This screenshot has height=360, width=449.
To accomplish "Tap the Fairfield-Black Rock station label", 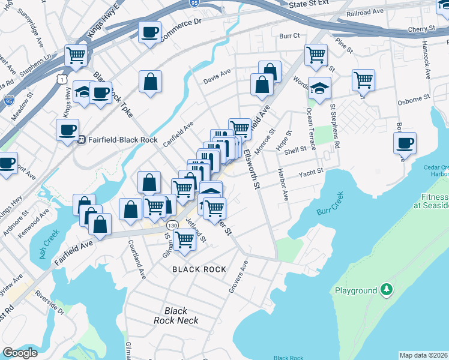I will [x=122, y=140].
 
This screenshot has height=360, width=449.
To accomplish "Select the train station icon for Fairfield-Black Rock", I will [x=80, y=140].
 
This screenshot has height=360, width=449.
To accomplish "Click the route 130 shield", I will [x=172, y=224].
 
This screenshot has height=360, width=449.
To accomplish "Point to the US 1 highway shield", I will [x=62, y=79].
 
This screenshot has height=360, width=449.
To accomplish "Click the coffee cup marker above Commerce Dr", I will [x=149, y=32].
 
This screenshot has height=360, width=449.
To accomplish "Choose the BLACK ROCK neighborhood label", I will [x=199, y=269].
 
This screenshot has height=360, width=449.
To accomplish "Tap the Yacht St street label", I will [x=312, y=172].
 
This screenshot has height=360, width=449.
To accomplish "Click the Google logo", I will [x=20, y=353].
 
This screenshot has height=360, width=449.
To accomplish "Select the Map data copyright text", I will [x=424, y=355].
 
